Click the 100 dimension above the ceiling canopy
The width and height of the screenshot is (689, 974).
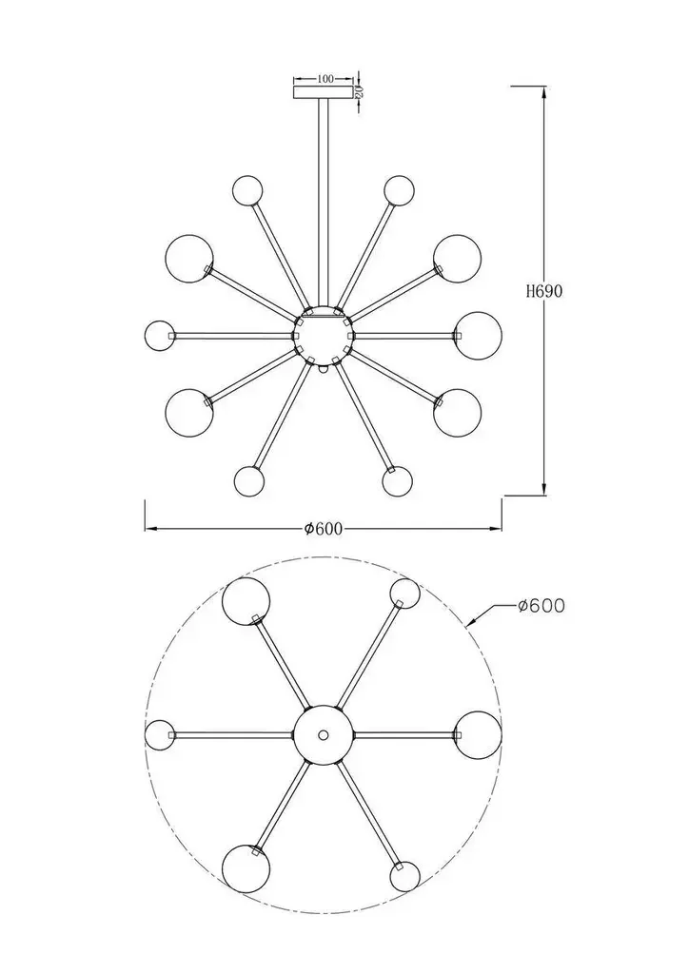[x=325, y=79]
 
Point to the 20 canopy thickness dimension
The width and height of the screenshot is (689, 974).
[x=359, y=92]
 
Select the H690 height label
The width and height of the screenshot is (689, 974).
[x=544, y=291]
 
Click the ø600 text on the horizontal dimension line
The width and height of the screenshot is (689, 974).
[x=323, y=529]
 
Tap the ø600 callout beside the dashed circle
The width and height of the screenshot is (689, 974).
[x=541, y=606]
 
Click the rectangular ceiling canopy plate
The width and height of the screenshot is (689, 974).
[x=323, y=92]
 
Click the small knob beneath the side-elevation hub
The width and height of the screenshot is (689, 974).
[x=323, y=368]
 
